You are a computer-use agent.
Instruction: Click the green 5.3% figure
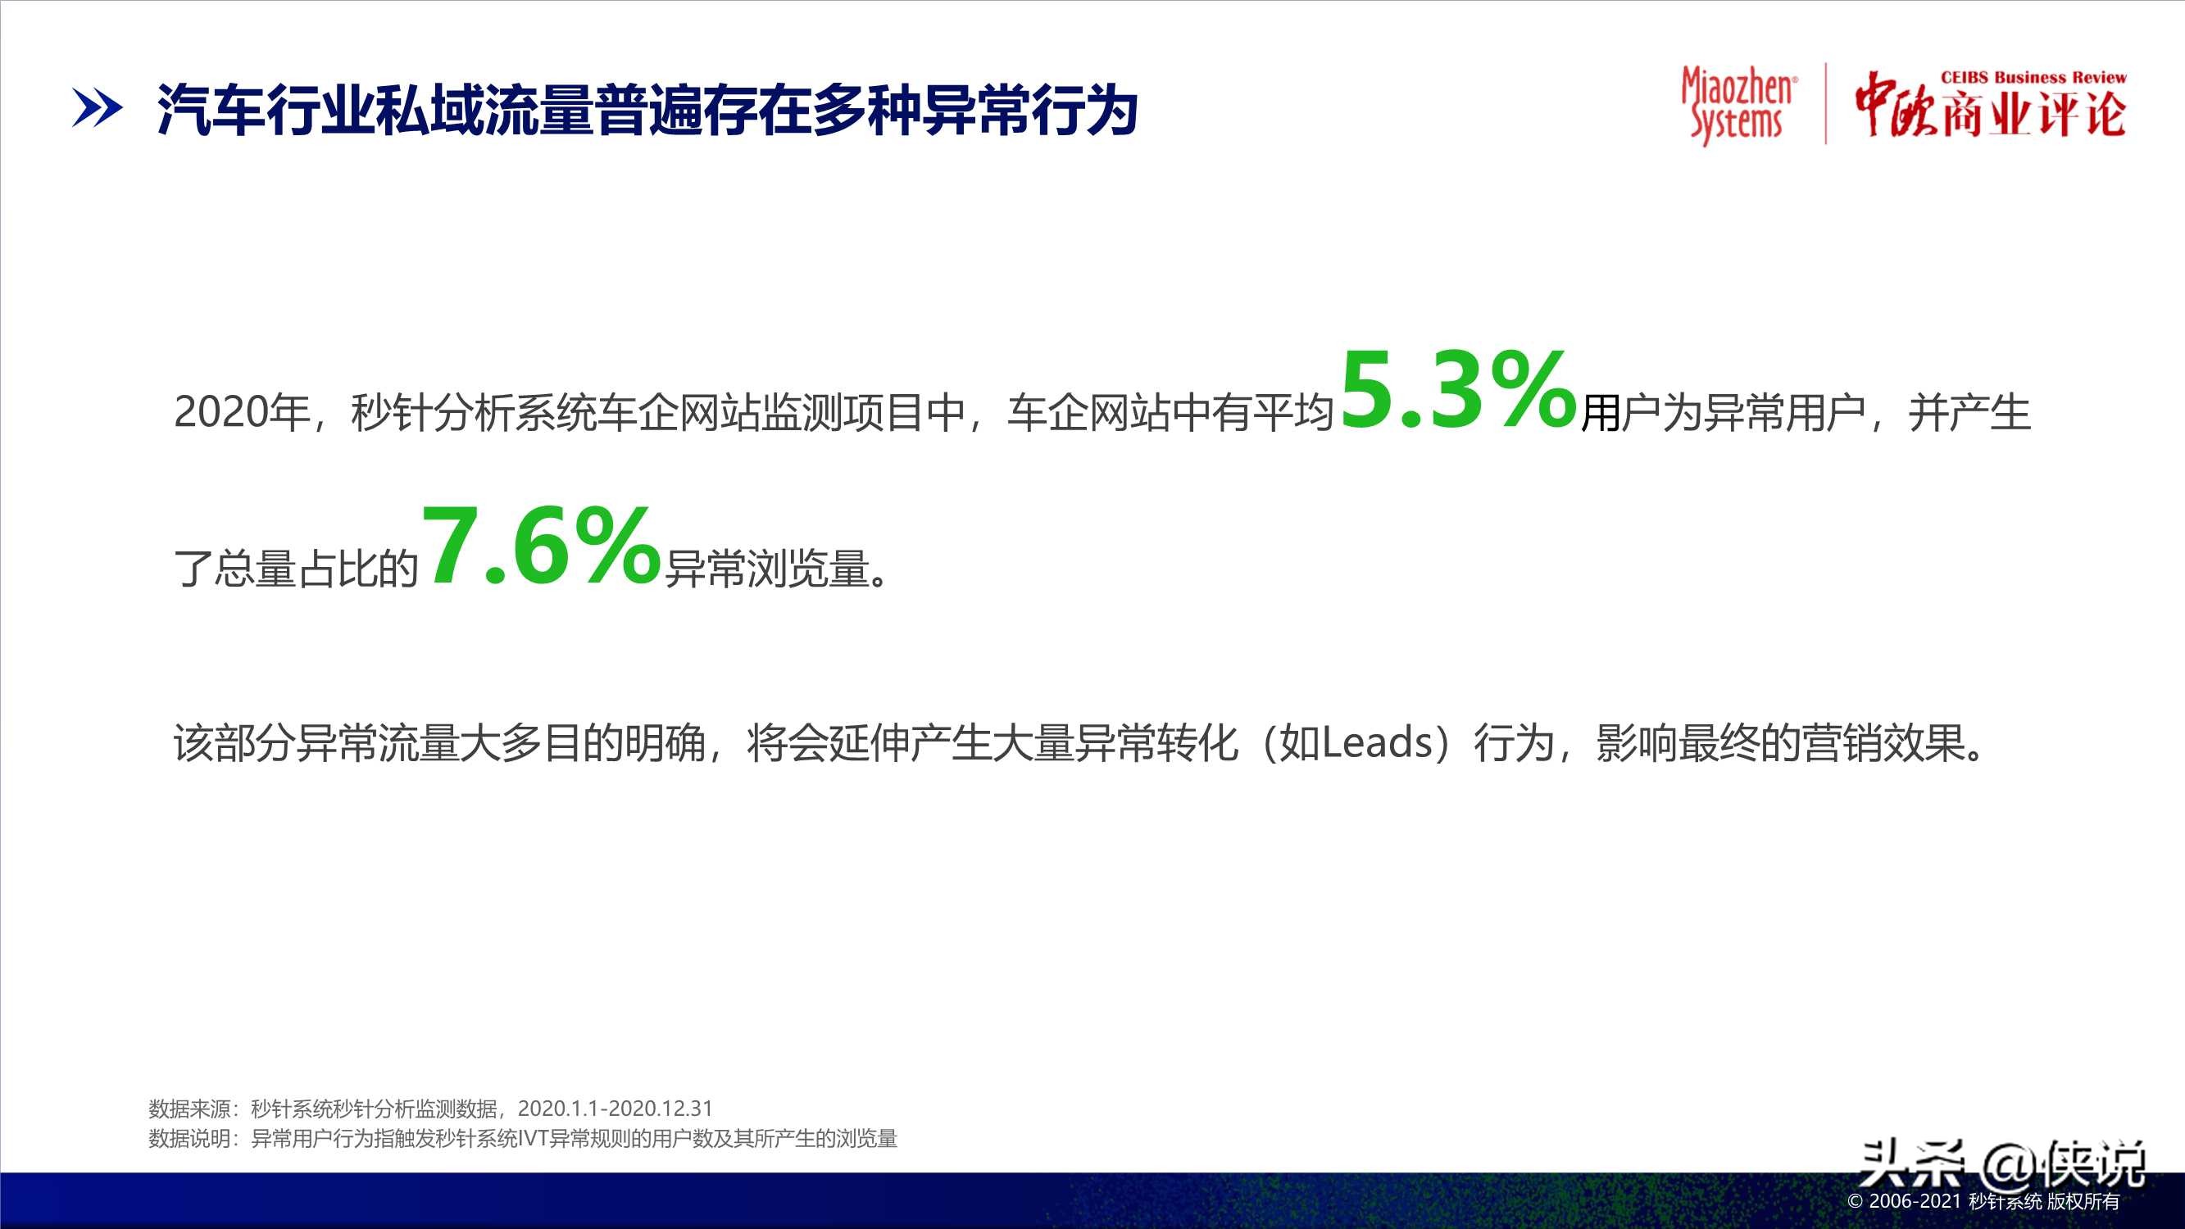coord(1457,392)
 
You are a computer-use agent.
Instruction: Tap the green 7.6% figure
coord(540,546)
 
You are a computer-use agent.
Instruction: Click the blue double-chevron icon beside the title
coord(97,110)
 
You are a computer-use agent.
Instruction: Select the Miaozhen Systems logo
coord(1738,105)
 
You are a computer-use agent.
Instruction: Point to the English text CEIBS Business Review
coord(2033,77)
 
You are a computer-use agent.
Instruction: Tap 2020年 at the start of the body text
coord(241,413)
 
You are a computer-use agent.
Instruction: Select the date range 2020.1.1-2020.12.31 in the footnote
coord(615,1109)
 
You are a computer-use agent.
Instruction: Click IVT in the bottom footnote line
coord(534,1138)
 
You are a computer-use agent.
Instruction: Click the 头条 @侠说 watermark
coord(2001,1163)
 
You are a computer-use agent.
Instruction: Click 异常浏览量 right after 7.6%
coord(769,569)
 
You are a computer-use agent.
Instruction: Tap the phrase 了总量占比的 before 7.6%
coord(296,569)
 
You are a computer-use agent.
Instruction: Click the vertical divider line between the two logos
coord(1826,103)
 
